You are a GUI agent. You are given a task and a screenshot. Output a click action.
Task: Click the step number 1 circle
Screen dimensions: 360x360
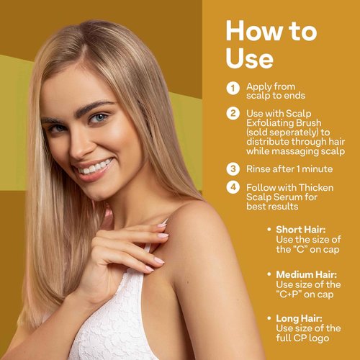[x=233, y=88]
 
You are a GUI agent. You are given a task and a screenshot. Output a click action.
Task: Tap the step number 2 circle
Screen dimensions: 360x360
[x=233, y=114]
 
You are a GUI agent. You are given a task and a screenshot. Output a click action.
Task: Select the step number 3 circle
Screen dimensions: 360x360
[x=233, y=170]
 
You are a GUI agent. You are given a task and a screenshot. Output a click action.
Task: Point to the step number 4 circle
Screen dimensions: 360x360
[x=233, y=187]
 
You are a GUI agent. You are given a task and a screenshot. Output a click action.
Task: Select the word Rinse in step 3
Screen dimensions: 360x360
[x=259, y=170]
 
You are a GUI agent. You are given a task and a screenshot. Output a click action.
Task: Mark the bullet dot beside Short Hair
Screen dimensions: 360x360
[x=269, y=230]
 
